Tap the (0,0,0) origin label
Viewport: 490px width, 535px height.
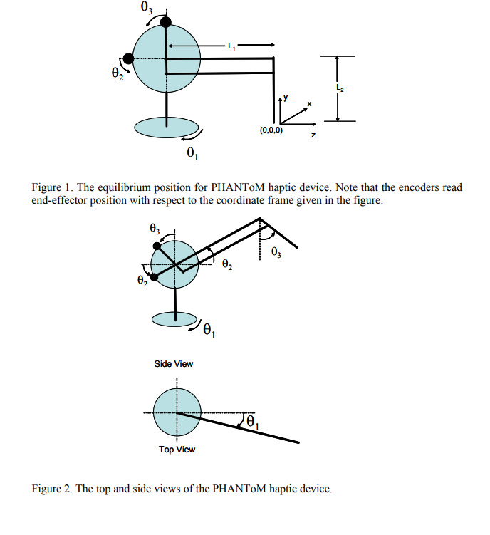271,131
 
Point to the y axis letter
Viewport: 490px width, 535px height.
286,97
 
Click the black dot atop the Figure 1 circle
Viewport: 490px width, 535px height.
166,23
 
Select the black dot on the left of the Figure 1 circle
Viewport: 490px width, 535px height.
128,58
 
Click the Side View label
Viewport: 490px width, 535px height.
174,364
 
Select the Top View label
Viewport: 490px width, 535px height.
177,449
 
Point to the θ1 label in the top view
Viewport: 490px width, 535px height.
253,423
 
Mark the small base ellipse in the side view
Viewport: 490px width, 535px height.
174,320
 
